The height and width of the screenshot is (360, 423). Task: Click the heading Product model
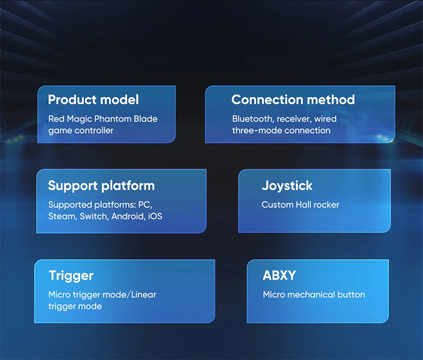coord(94,100)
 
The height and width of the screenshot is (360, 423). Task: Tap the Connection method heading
coord(293,100)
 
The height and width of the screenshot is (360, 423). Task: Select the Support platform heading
coord(102,186)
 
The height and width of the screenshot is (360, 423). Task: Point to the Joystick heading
coord(287,186)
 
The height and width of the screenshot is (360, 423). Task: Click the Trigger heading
coord(71,276)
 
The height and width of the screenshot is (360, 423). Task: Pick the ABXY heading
coord(279,275)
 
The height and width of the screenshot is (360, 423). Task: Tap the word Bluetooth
coord(253,119)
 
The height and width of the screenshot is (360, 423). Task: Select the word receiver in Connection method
coord(294,119)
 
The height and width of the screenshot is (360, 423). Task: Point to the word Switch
coord(94,216)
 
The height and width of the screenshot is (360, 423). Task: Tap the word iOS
coord(155,216)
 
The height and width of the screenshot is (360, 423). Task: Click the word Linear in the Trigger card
coord(144,295)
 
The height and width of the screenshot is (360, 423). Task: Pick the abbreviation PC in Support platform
coord(145,205)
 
